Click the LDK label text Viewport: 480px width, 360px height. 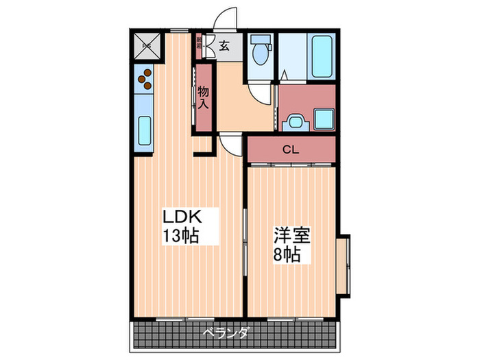click(182, 217)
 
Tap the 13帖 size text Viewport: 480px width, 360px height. click(180, 237)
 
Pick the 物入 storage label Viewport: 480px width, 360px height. click(204, 98)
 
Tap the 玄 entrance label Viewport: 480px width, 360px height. click(224, 47)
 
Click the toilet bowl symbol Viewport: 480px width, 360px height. click(261, 55)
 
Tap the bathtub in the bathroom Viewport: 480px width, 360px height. click(320, 57)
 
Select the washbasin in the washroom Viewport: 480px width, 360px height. click(296, 122)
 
